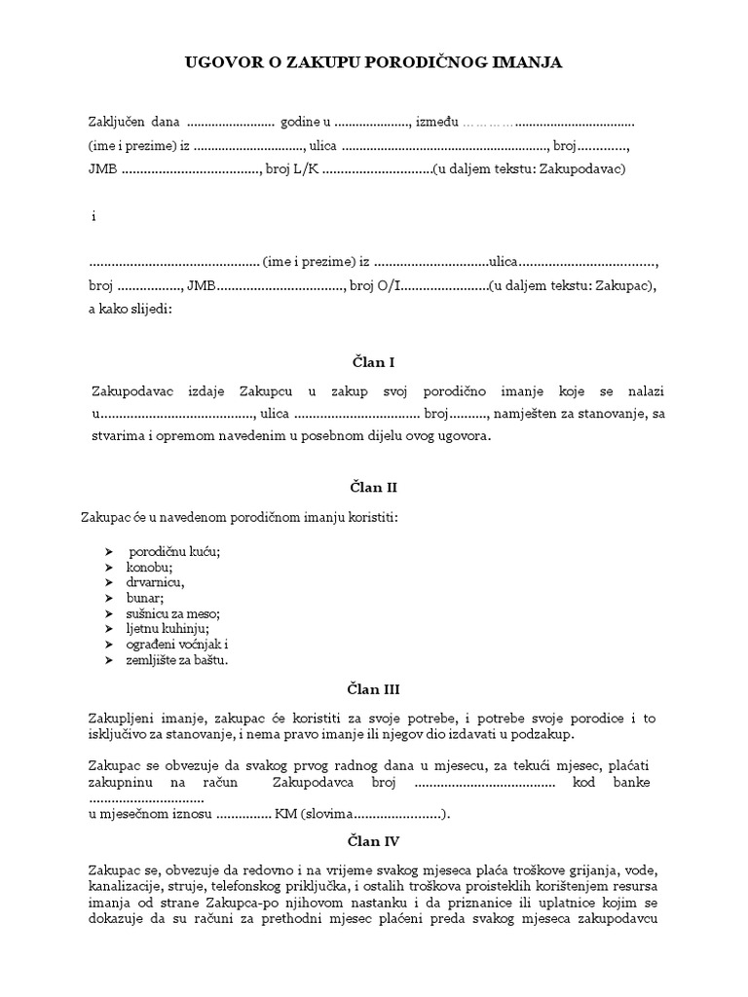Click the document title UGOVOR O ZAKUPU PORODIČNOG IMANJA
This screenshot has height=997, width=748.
[374, 63]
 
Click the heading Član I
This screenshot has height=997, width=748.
[373, 362]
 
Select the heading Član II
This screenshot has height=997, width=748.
[373, 487]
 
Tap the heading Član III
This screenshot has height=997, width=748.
[373, 690]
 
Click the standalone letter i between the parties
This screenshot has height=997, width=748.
[93, 216]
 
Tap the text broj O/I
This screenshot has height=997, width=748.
[375, 286]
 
